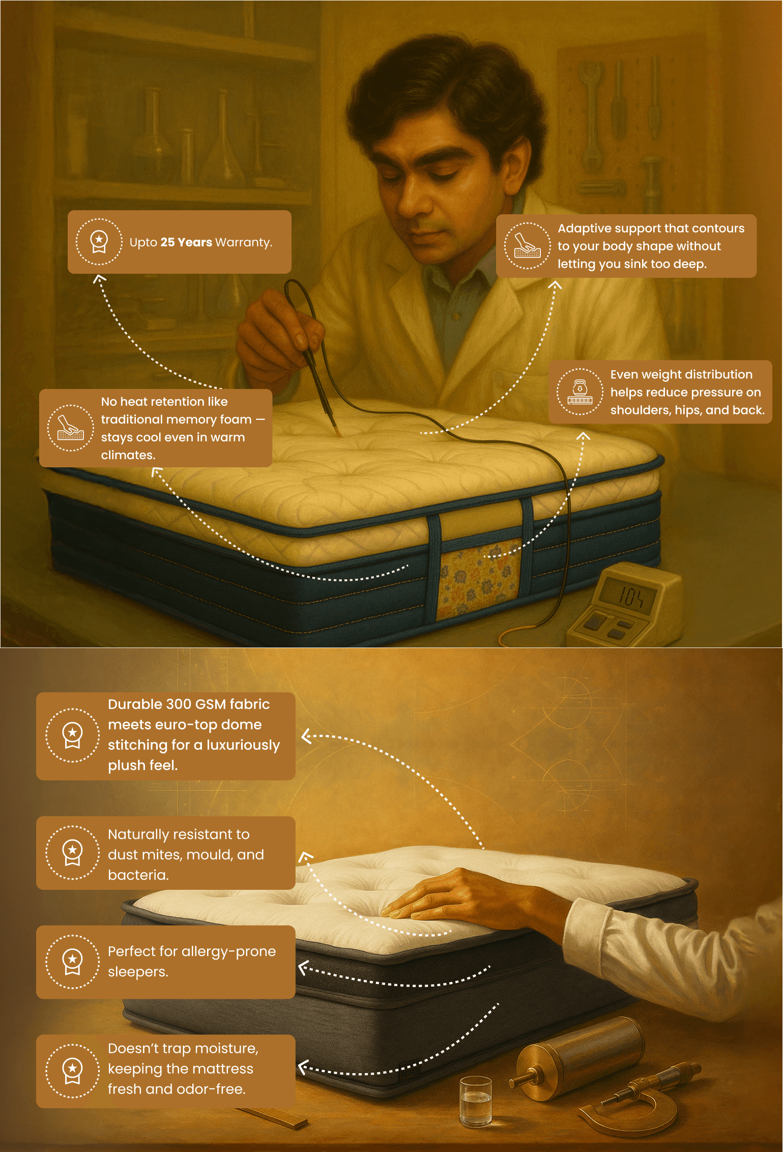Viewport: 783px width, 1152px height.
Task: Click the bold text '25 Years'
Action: coord(186,242)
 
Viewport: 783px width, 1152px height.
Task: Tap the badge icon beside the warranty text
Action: coord(99,242)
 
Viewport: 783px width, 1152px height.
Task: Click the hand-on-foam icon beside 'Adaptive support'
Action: coord(528,246)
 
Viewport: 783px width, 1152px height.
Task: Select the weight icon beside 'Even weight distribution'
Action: coord(580,392)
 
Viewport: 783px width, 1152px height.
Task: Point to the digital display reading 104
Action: coord(629,596)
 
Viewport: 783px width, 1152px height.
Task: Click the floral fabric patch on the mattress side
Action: coord(480,577)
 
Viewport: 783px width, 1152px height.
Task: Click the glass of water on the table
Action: coord(476,1102)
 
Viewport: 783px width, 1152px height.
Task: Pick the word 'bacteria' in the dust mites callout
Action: coord(138,875)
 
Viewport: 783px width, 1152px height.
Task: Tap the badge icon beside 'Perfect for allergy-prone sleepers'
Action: coord(72,962)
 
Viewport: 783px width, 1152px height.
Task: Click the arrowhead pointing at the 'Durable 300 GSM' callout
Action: coord(306,736)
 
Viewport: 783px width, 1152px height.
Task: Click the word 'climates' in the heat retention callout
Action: coord(127,455)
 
